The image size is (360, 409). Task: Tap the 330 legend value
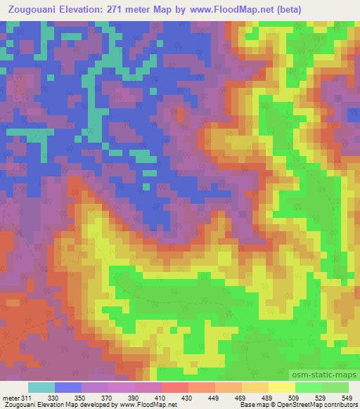pos(53,398)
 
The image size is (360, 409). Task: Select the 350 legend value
pos(80,398)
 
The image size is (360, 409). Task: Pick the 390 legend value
pos(134,398)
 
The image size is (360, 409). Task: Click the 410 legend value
pos(161,398)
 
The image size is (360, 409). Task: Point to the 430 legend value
pos(188,398)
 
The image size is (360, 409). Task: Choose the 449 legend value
pos(214,398)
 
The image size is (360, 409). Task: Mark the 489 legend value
pos(268,398)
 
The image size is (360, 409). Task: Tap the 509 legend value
pos(295,398)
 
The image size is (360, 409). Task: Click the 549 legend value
pos(347,398)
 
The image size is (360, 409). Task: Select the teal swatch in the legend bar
pos(41,388)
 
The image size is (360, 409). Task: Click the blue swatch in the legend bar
pos(67,388)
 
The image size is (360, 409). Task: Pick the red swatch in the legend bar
pos(174,388)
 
